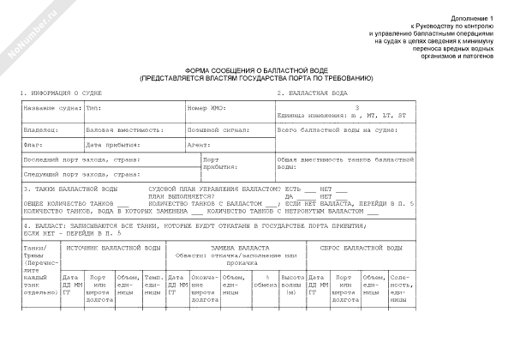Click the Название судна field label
coord(52,109)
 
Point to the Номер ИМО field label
coord(208,109)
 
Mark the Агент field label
coord(200,145)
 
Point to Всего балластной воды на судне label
coord(337,129)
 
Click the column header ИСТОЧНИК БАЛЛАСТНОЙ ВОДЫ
coord(112,247)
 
